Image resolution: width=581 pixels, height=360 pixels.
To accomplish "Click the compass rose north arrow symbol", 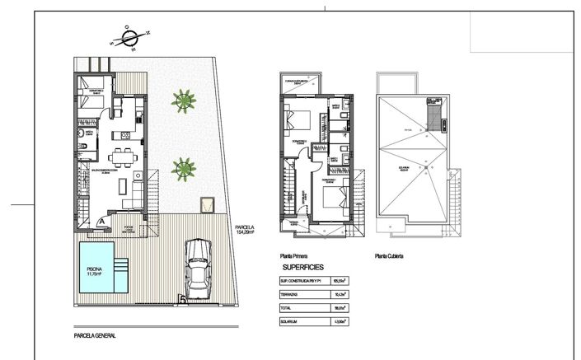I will click(130, 36).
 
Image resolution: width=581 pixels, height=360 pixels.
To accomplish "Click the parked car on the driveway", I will click(197, 269).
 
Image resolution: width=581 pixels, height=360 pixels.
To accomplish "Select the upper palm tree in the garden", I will click(184, 101).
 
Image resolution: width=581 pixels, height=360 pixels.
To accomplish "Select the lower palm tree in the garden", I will click(183, 170).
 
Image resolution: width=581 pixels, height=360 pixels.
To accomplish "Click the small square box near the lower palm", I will click(206, 203).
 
